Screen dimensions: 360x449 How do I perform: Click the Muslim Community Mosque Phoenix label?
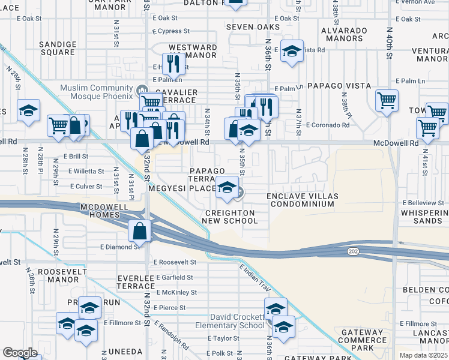pos(96,92)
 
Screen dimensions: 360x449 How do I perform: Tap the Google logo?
pos(20,352)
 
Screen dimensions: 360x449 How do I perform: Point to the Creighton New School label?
pos(231,217)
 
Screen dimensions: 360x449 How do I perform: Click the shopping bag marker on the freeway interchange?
pos(139,230)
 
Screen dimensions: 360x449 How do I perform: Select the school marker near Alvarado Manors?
pos(292,53)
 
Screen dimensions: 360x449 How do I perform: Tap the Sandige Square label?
pos(58,48)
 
